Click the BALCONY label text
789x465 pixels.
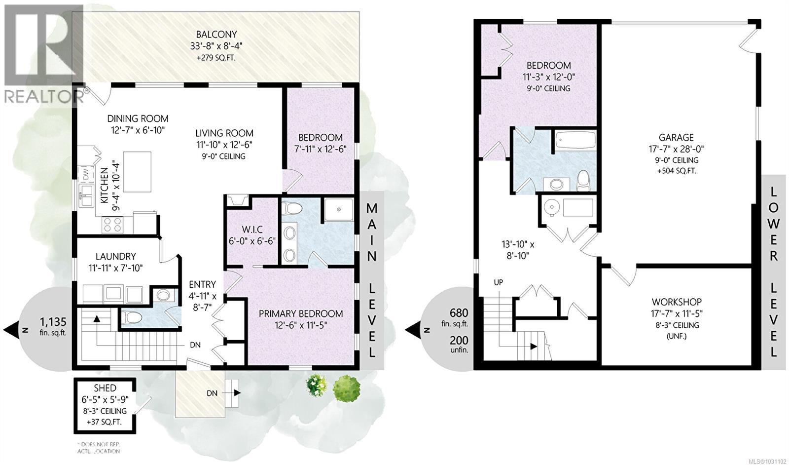tap(216, 35)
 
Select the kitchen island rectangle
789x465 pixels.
tap(137, 172)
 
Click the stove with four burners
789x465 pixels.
tap(111, 225)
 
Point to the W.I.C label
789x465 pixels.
tap(251, 230)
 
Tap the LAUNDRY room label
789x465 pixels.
tap(115, 256)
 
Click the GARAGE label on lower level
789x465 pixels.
tap(676, 138)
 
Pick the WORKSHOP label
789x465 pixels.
tap(677, 302)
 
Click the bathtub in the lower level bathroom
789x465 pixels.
tap(575, 141)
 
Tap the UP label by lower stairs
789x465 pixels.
tap(499, 282)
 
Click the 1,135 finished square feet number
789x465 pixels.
tap(53, 322)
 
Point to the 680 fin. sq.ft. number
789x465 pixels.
tap(459, 313)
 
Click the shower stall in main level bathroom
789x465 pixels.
tap(338, 210)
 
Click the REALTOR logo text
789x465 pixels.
tap(43, 96)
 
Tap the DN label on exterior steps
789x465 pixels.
tap(212, 393)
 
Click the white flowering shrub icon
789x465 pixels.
tap(317, 386)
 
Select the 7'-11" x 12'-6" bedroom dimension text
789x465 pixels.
tap(320, 150)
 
